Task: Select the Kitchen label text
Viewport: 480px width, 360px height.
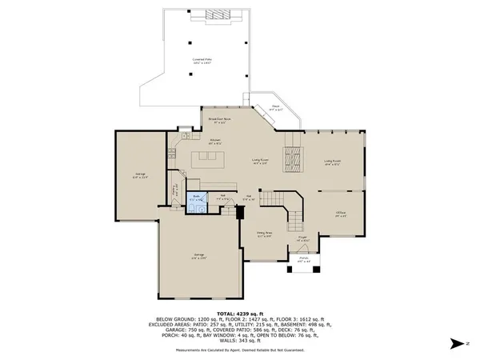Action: pos(215,142)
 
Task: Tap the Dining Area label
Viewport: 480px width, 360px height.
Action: pos(265,235)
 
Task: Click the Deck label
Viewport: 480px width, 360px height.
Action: pos(274,106)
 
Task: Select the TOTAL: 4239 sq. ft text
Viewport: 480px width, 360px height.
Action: pos(239,314)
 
